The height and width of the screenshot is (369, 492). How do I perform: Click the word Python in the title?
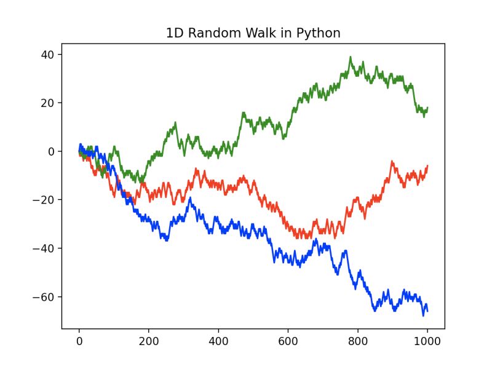319,34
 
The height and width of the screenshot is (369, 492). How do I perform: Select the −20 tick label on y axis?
45,200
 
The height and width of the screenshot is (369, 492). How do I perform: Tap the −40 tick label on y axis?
45,248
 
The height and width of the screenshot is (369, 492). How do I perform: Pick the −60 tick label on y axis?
45,297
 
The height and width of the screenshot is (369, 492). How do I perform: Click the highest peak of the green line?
351,57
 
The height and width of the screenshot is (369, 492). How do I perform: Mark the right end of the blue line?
427,311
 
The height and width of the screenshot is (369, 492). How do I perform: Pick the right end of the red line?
427,165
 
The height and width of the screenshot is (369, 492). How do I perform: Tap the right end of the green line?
427,108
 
